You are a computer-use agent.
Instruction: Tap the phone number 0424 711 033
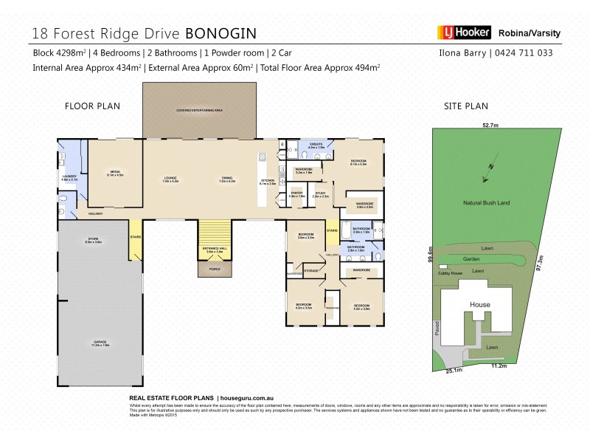[x=527, y=53]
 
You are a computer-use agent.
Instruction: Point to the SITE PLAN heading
[x=466, y=106]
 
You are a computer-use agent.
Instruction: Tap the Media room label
[x=116, y=174]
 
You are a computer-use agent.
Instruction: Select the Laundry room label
[x=69, y=176]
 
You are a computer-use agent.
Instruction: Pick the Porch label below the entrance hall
[x=215, y=269]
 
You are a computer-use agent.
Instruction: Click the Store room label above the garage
[x=93, y=240]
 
